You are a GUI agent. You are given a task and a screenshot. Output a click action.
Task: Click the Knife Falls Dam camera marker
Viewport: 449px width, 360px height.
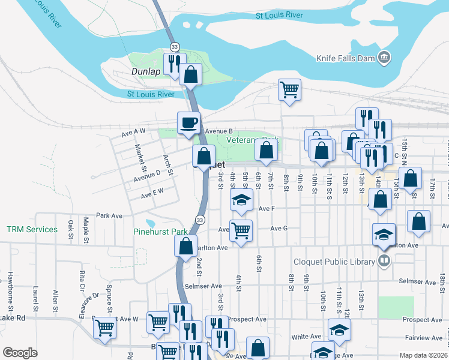click(x=384, y=58)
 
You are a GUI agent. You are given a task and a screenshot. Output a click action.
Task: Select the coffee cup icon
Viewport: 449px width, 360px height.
click(x=188, y=122)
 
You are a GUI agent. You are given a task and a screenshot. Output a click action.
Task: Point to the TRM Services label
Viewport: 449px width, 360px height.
click(x=32, y=229)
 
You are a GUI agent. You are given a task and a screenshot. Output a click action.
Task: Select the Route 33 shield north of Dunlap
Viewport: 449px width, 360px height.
click(x=175, y=46)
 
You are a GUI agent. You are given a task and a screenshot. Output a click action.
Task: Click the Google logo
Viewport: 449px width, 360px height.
click(x=20, y=353)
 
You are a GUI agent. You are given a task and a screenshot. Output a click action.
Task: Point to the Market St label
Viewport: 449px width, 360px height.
click(x=140, y=157)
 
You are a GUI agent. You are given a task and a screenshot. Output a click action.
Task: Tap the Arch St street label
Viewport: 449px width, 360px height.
click(x=167, y=164)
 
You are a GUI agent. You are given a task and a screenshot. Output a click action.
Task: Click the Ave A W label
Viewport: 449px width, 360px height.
click(x=133, y=132)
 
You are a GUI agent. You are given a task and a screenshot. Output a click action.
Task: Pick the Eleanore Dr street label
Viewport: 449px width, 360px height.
click(x=93, y=304)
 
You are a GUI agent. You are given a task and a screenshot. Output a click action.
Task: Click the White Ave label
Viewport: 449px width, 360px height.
click(x=304, y=337)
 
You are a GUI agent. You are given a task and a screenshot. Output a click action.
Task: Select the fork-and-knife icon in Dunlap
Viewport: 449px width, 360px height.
click(x=175, y=63)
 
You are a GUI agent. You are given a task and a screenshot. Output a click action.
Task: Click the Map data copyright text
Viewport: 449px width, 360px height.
click(x=423, y=355)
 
